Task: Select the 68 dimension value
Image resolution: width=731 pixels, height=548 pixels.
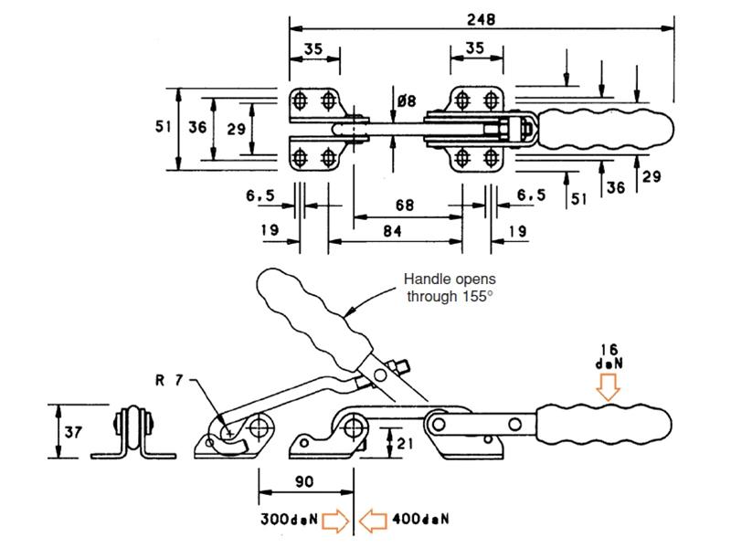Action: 404,205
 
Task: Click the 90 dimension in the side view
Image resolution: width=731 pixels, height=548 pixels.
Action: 305,481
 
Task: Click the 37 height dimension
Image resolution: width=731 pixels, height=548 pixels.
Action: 70,428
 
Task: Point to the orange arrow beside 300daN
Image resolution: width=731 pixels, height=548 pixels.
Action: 337,522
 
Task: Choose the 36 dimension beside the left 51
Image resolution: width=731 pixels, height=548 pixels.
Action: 197,128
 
